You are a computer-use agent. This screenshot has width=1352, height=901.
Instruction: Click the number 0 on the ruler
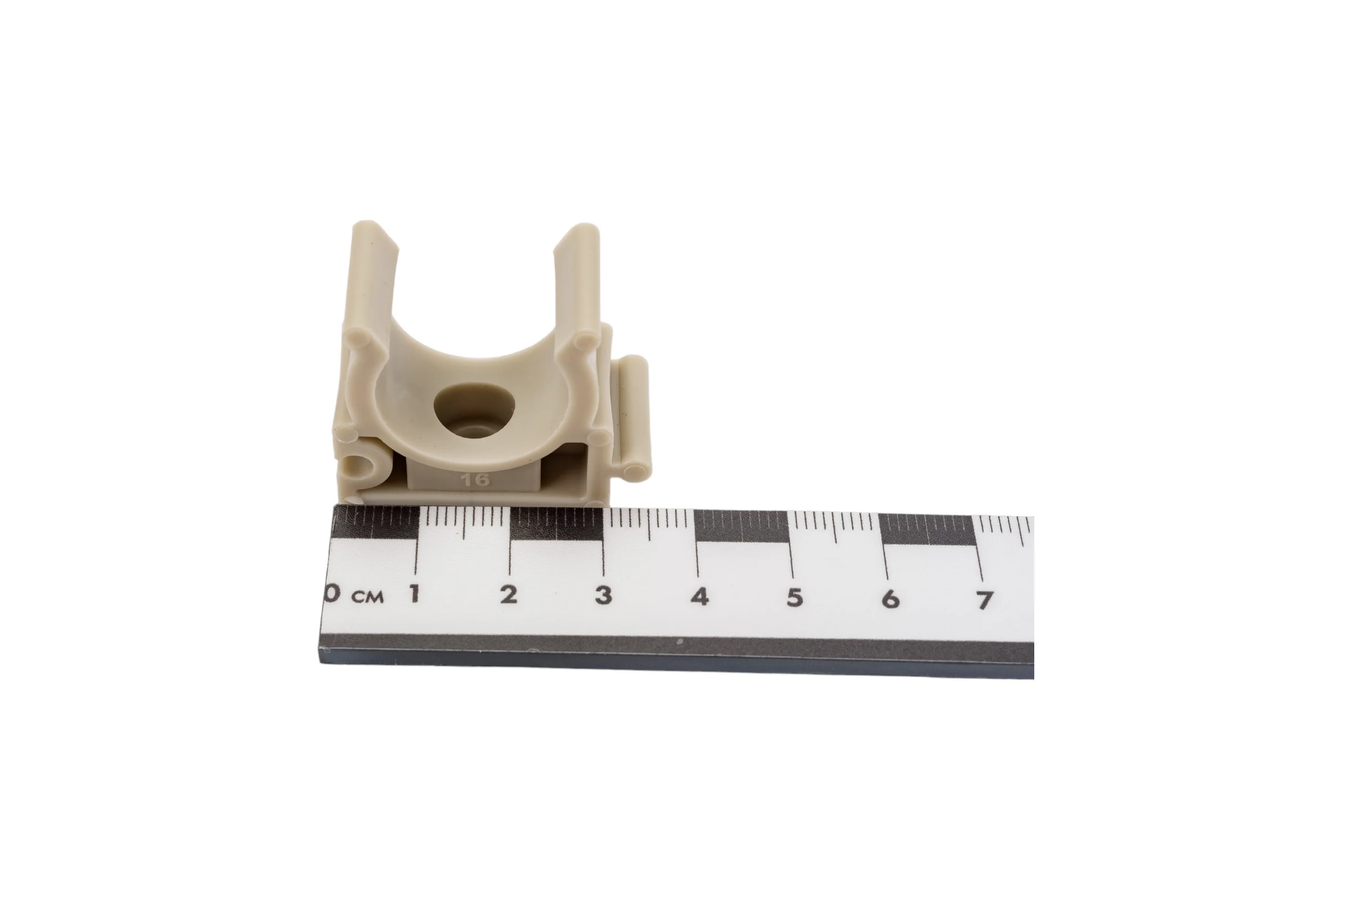[x=332, y=592]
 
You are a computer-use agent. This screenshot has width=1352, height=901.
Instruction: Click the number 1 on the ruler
[x=414, y=593]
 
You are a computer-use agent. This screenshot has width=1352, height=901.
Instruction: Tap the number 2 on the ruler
[x=508, y=595]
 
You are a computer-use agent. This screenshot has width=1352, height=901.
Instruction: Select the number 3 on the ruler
[x=603, y=595]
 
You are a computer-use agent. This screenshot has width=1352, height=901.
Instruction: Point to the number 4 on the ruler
[x=700, y=596]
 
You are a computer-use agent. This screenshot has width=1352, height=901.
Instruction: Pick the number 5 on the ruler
[x=795, y=597]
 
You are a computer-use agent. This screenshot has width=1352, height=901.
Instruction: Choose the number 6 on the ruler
[x=891, y=599]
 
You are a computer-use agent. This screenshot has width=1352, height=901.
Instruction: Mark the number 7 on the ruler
[x=985, y=600]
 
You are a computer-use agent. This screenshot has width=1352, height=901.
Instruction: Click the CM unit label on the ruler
[x=367, y=597]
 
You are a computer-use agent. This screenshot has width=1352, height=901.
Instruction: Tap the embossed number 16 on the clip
[x=475, y=479]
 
